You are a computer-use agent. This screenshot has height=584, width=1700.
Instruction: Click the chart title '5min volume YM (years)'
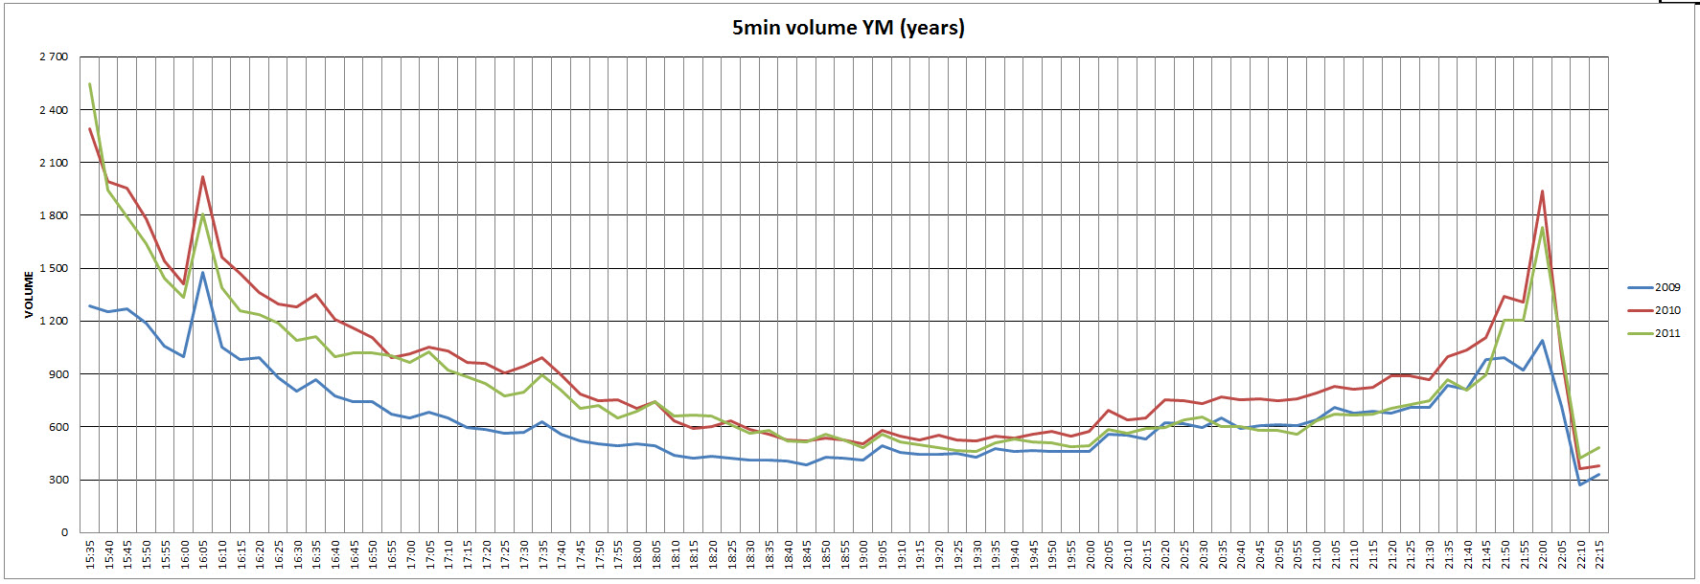[x=848, y=28]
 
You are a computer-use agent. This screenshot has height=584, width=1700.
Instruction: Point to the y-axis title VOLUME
[x=29, y=295]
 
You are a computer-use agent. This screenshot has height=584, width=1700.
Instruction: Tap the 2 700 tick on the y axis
[x=54, y=57]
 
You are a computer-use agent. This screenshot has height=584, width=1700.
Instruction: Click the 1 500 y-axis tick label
[x=54, y=268]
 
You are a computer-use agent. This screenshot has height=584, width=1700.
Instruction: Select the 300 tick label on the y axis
[x=58, y=480]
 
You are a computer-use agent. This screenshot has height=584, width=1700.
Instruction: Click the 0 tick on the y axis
[x=65, y=532]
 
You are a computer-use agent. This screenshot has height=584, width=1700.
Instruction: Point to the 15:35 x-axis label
[x=90, y=554]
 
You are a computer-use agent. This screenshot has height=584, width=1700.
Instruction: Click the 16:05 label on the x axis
[x=203, y=554]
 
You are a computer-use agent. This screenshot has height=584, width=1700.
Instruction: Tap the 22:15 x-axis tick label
[x=1599, y=554]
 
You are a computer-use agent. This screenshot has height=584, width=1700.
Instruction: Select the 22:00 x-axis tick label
[x=1543, y=554]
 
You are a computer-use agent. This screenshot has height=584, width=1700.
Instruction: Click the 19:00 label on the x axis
[x=863, y=554]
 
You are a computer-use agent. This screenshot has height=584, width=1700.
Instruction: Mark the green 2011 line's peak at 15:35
[x=90, y=84]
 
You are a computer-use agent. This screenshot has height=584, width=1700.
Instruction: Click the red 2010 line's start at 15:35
[x=90, y=129]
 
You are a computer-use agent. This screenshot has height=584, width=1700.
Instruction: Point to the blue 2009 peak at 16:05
[x=203, y=273]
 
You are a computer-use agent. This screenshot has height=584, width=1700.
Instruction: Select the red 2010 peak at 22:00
[x=1542, y=191]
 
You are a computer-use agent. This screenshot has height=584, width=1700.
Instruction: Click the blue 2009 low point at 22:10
[x=1580, y=484]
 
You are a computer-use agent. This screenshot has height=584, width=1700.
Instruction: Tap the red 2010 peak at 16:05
[x=203, y=177]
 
